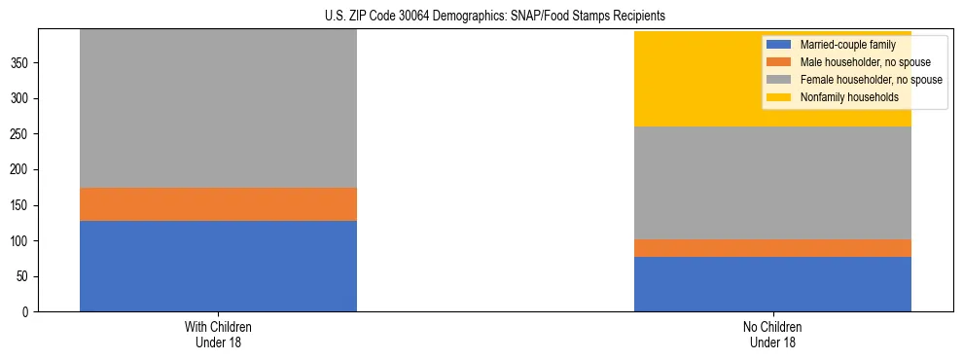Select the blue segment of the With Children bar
[x=218, y=266]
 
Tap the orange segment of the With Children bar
[x=218, y=204]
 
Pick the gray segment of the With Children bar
[x=218, y=108]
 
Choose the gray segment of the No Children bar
[x=772, y=183]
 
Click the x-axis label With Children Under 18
[x=218, y=335]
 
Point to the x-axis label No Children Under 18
[x=772, y=335]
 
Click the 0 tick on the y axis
[x=27, y=312]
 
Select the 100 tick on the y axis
[x=21, y=241]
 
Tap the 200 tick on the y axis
[x=21, y=170]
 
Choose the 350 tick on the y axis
[x=21, y=63]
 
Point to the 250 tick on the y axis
[x=21, y=134]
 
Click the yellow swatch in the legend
[x=779, y=97]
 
